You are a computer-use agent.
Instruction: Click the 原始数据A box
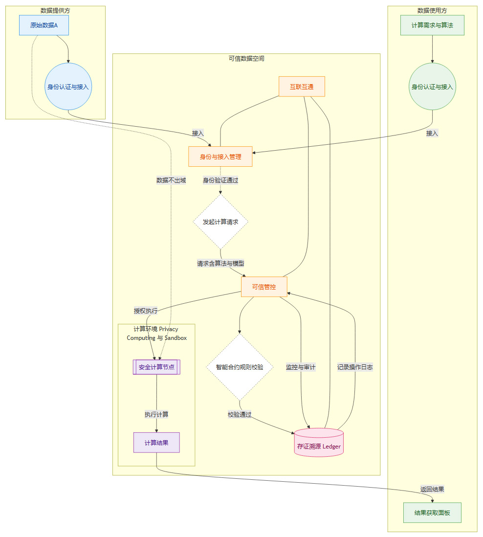tap(44, 25)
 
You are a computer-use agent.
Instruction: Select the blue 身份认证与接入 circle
tap(68, 87)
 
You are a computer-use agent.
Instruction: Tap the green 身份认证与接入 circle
tap(432, 87)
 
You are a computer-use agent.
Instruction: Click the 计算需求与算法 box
tap(432, 25)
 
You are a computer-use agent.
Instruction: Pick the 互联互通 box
tap(302, 87)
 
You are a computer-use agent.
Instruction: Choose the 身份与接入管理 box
tap(220, 157)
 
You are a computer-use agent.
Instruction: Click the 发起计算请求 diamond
tap(220, 222)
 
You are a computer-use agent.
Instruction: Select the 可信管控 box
tap(264, 287)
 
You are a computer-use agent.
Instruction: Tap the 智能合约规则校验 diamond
tap(240, 367)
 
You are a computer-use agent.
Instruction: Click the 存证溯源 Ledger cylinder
tap(319, 443)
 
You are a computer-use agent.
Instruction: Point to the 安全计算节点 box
tap(157, 367)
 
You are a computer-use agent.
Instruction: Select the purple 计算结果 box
tap(156, 443)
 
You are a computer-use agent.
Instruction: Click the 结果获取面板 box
tap(432, 513)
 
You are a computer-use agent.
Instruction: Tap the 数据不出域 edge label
tap(171, 180)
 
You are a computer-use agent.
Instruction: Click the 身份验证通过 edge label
tap(220, 180)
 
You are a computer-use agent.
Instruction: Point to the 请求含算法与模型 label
tap(220, 264)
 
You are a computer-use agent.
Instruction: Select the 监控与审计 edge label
tap(301, 367)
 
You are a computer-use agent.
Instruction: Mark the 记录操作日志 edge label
tap(355, 367)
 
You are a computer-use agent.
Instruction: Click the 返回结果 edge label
tap(432, 489)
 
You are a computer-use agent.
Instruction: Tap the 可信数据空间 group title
tap(246, 58)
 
